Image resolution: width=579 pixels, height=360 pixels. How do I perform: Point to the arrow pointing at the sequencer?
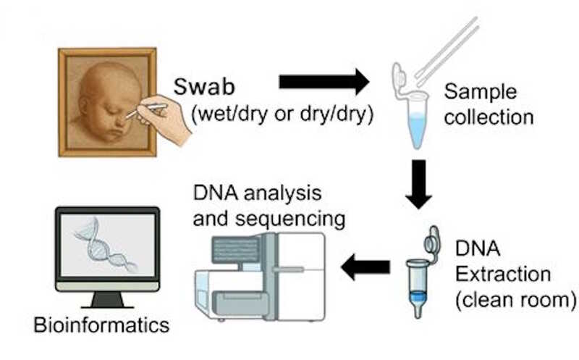365,268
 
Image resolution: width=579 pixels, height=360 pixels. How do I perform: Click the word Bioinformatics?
101,324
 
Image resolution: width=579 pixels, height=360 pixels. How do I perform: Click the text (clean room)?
511,297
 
